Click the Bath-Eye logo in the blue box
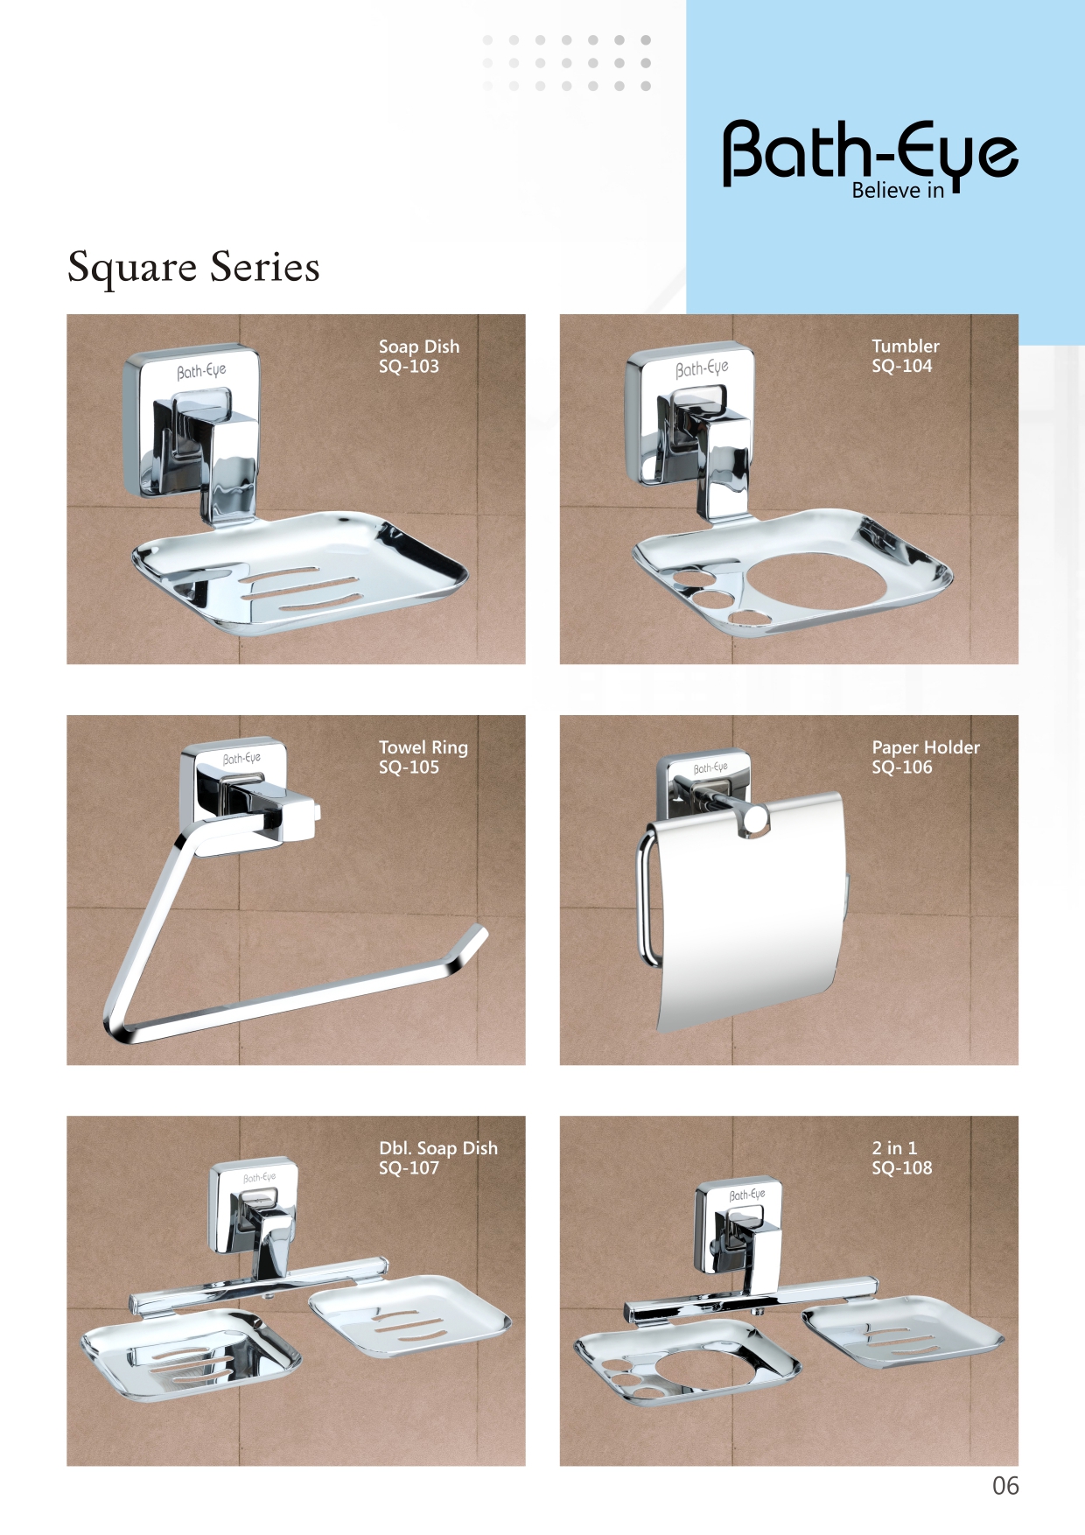pos(870,154)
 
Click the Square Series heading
pos(193,268)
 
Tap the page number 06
pos(1005,1486)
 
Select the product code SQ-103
pos(409,367)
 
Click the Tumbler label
pos(906,346)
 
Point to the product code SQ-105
pos(409,767)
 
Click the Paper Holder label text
pos(926,747)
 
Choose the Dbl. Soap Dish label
pos(437,1148)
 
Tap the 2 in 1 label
pos(894,1148)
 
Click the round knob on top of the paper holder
pos(753,819)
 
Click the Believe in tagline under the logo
pos(898,191)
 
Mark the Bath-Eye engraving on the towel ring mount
pos(241,759)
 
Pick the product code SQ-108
pos(901,1168)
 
